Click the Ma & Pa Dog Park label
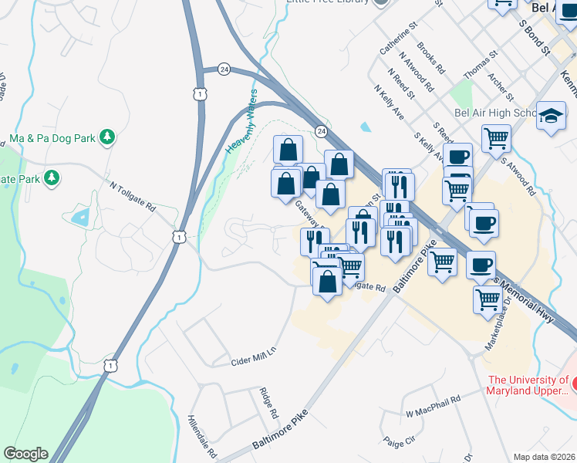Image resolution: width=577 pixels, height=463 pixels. point(52,138)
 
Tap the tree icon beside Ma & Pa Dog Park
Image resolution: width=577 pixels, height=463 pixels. point(108,137)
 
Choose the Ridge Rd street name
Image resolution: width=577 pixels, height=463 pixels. point(268,402)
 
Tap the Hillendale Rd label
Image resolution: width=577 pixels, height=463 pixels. point(202,434)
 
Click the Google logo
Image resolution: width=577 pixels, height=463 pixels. point(25,454)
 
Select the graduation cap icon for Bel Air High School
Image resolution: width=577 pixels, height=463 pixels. point(551,117)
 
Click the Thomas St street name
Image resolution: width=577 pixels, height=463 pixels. point(476,66)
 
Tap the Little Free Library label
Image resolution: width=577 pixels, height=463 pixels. point(332,2)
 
